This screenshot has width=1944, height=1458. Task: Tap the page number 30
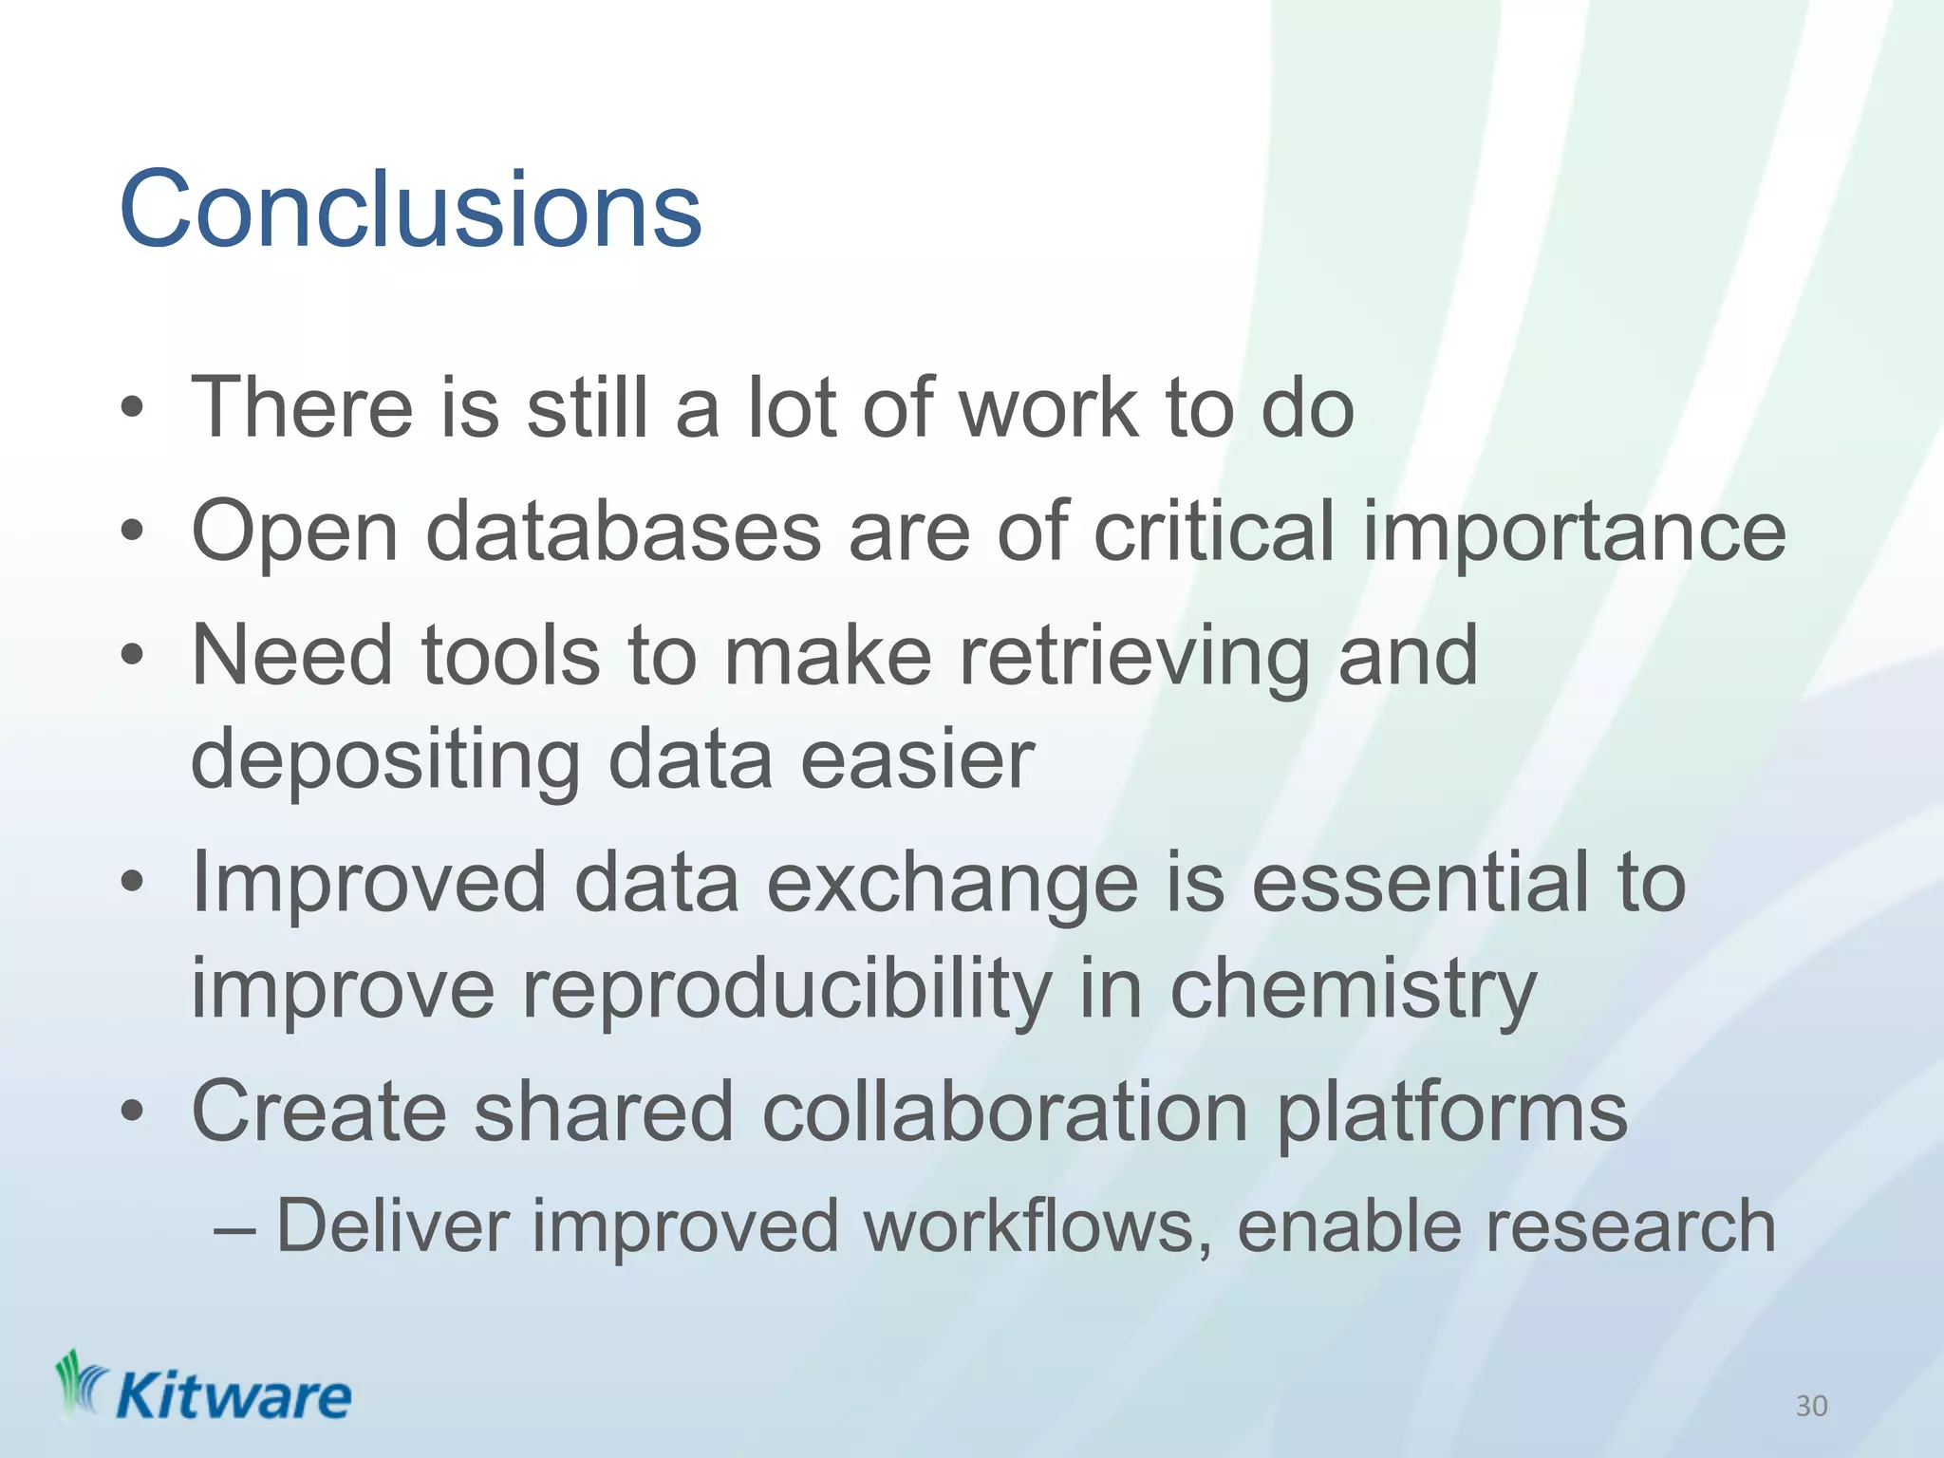tap(1811, 1406)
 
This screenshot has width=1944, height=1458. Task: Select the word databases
tap(623, 532)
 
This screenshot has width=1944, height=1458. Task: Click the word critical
tap(1214, 532)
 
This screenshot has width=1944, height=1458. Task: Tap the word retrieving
tap(1134, 657)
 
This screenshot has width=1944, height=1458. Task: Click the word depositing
tap(385, 761)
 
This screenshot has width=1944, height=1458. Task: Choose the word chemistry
tap(1353, 991)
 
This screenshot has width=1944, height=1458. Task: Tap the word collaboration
tap(1004, 1112)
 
